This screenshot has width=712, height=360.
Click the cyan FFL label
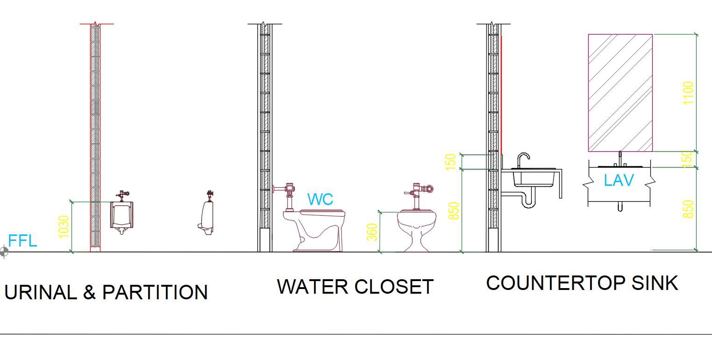(x=22, y=241)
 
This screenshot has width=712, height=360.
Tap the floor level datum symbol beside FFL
(x=4, y=252)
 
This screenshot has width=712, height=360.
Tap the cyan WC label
(x=320, y=199)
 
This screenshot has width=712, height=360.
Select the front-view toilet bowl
(x=417, y=229)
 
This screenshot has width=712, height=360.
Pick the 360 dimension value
(x=372, y=232)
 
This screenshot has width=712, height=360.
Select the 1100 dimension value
(x=688, y=93)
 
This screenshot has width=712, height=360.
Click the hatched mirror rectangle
(x=620, y=92)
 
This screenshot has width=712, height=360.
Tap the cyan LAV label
(x=619, y=180)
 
